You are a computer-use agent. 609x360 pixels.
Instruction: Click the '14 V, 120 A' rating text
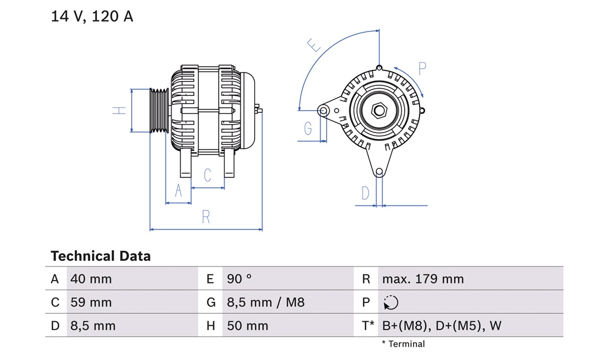[x=92, y=17]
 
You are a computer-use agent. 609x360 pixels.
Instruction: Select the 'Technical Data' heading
[x=100, y=256]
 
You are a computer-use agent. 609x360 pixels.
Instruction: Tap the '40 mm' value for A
[x=91, y=279]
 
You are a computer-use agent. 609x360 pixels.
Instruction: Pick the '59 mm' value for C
[x=91, y=302]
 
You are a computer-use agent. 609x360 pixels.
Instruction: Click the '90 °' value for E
[x=239, y=279]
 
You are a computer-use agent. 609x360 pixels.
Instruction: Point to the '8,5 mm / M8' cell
[x=266, y=302]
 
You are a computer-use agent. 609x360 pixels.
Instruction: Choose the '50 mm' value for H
[x=247, y=326]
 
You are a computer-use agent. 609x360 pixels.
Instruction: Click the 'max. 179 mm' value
[x=423, y=279]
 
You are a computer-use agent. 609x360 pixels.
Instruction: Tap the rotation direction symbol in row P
[x=391, y=302]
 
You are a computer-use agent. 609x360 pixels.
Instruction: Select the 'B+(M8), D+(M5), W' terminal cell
[x=441, y=326]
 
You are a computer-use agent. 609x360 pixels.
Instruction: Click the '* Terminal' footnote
[x=403, y=344]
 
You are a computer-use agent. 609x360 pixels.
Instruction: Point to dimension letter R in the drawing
[x=206, y=217]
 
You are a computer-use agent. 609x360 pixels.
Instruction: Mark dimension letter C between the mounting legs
[x=208, y=176]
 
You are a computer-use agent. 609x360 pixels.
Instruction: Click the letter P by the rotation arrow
[x=422, y=69]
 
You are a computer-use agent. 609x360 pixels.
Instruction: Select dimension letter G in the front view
[x=308, y=128]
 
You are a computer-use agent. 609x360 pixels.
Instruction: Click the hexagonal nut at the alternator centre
[x=380, y=110]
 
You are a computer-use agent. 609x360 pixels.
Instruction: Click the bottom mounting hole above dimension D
[x=379, y=172]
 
